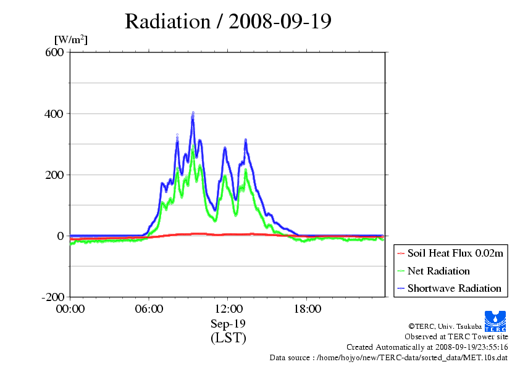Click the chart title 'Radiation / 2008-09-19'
[228, 22]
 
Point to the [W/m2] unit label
[71, 39]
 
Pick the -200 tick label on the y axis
[53, 297]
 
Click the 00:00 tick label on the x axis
[70, 308]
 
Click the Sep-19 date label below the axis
[228, 323]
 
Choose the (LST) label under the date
[228, 338]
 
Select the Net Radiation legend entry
[438, 271]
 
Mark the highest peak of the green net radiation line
[193, 148]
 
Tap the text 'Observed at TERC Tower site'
[456, 337]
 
